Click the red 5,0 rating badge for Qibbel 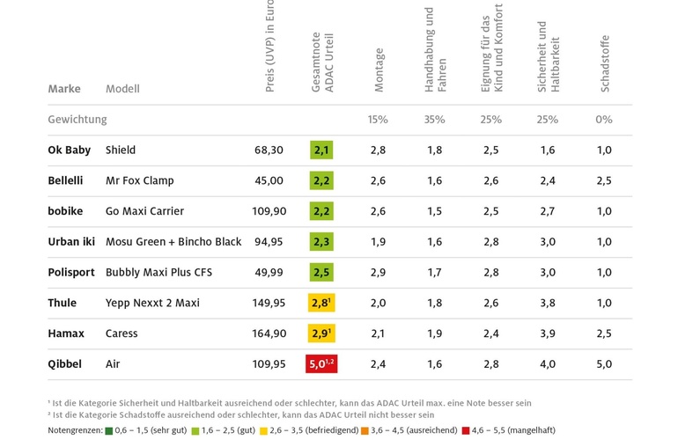[321, 363]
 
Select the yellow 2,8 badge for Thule [321, 303]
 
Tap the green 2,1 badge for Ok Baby [321, 150]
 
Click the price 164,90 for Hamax [269, 334]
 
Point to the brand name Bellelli [65, 180]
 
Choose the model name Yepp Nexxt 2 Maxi [152, 303]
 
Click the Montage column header [380, 70]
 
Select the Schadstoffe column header [605, 63]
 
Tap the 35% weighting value [434, 120]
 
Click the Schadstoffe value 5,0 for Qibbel [604, 363]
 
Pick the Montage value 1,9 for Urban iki [378, 242]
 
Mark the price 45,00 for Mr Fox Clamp [269, 180]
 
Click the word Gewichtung [77, 120]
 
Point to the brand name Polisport [71, 272]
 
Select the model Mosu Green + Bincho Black [173, 242]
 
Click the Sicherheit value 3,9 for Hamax [547, 334]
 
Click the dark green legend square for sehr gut [108, 430]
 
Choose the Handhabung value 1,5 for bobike [434, 211]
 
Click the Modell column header [122, 89]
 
